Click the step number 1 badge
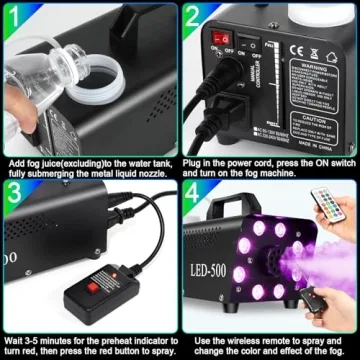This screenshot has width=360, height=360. [x=14, y=15]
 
